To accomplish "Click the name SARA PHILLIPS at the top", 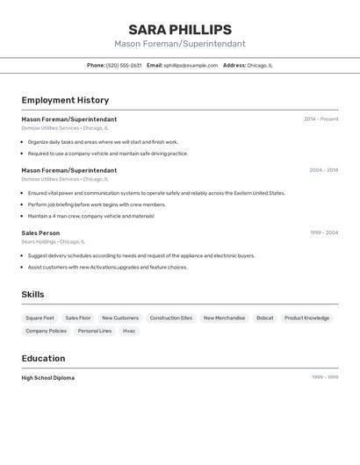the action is tap(180, 30).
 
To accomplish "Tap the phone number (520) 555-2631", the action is tap(124, 65).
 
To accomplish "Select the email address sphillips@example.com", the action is tap(191, 65).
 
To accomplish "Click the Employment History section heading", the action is tap(65, 100).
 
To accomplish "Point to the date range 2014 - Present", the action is tap(320, 119).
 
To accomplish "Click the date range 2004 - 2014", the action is tap(323, 170).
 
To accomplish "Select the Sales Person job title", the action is tap(40, 233).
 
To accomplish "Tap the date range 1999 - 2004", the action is tap(323, 233).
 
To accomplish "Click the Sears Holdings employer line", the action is tap(53, 241).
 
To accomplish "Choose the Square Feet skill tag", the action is tap(40, 318).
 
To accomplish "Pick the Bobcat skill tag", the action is tap(264, 318).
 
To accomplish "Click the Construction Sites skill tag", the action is tap(171, 318).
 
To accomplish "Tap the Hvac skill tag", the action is tap(129, 331).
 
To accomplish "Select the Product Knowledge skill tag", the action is tap(306, 318).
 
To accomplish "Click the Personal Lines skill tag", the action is tap(95, 331).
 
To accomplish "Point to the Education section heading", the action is tap(43, 358).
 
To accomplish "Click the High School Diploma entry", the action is tap(47, 378).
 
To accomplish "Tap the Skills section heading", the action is tap(32, 295).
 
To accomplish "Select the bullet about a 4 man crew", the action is tap(90, 216).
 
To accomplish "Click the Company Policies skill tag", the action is tap(46, 331).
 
